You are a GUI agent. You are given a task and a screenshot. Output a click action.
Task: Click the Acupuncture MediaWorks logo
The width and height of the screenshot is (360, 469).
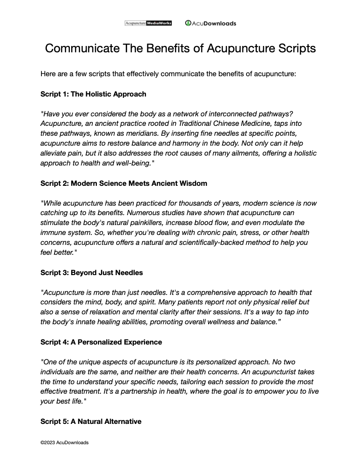point(148,23)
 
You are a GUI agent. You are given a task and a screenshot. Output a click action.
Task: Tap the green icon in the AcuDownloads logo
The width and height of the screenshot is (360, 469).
point(188,23)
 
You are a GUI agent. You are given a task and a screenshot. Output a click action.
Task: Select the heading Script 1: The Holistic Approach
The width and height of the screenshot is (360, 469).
point(93,94)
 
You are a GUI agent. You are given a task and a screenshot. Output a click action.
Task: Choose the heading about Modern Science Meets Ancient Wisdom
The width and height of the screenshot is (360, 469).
point(124,183)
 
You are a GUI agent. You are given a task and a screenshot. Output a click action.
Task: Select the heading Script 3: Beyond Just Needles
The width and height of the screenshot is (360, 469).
point(91,272)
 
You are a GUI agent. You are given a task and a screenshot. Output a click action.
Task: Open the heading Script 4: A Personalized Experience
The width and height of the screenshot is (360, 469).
point(101,342)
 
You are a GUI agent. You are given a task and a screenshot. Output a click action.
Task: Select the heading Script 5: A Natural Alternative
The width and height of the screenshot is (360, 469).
point(91,421)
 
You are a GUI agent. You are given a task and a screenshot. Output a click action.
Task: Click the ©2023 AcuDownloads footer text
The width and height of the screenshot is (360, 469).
point(64,442)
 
